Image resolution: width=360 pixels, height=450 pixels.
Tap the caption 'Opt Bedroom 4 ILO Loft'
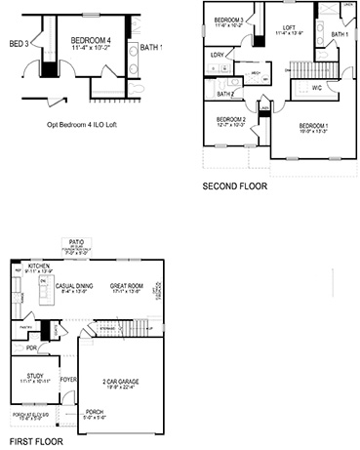tap(87, 125)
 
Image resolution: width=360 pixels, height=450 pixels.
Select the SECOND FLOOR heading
tap(234, 185)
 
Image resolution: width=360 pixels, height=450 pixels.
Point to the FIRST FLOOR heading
tap(29, 441)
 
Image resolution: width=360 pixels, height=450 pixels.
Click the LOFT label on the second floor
tap(289, 27)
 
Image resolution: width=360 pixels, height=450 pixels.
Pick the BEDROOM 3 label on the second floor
tap(228, 20)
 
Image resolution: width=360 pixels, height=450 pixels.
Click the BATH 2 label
tap(225, 94)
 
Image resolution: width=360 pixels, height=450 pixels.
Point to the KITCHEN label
tap(39, 266)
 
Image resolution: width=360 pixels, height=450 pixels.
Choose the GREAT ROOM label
tap(128, 285)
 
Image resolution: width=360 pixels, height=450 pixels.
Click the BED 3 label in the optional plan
tap(17, 44)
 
